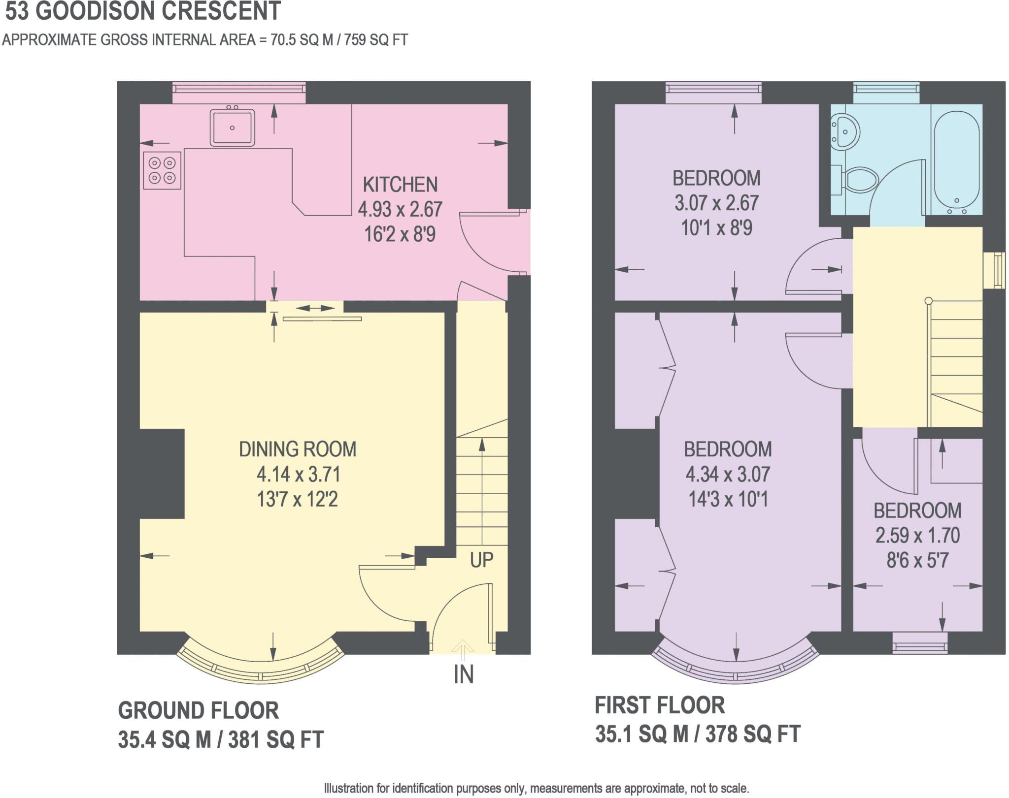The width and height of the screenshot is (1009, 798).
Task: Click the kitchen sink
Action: (x=232, y=128)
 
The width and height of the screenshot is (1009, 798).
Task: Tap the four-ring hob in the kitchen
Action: (x=162, y=170)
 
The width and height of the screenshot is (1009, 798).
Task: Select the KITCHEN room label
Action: (x=400, y=185)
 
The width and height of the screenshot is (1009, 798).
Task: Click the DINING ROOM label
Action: (x=298, y=449)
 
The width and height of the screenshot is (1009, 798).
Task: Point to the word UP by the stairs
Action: (x=481, y=560)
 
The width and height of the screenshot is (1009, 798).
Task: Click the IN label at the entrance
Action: (x=464, y=674)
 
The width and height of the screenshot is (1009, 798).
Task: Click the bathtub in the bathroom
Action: (x=956, y=162)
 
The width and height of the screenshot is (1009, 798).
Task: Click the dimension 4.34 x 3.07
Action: (x=728, y=474)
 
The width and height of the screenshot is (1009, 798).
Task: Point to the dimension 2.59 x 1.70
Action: (x=917, y=535)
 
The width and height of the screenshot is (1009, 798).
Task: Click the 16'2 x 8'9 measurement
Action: (x=400, y=234)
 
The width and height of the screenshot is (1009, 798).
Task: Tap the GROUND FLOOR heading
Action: (x=199, y=710)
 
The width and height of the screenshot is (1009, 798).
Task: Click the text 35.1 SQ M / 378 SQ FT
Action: (x=698, y=734)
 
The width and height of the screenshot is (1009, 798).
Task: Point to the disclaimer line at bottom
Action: (x=536, y=788)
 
